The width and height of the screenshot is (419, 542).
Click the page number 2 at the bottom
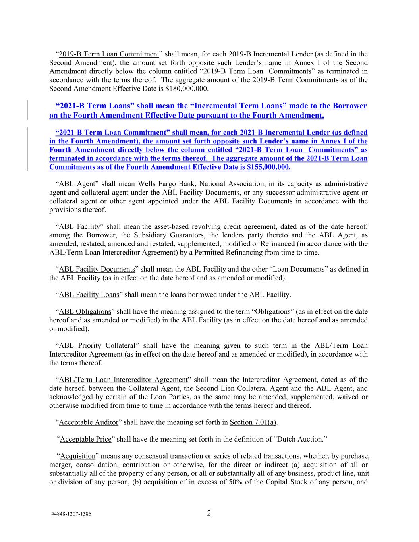click(209, 513)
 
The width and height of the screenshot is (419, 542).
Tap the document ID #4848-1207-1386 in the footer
click(71, 514)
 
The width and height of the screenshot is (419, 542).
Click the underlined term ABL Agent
click(77, 184)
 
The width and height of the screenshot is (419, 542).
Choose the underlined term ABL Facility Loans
click(89, 295)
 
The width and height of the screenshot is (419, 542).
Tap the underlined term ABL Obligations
click(85, 311)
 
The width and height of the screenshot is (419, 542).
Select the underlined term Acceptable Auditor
click(89, 422)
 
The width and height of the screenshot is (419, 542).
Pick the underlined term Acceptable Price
click(86, 439)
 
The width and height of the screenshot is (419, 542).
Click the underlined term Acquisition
click(78, 456)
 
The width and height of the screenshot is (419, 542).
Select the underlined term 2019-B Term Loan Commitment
click(109, 54)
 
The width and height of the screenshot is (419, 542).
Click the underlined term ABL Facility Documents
click(97, 269)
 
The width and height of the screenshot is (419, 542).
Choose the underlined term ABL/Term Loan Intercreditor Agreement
click(123, 380)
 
